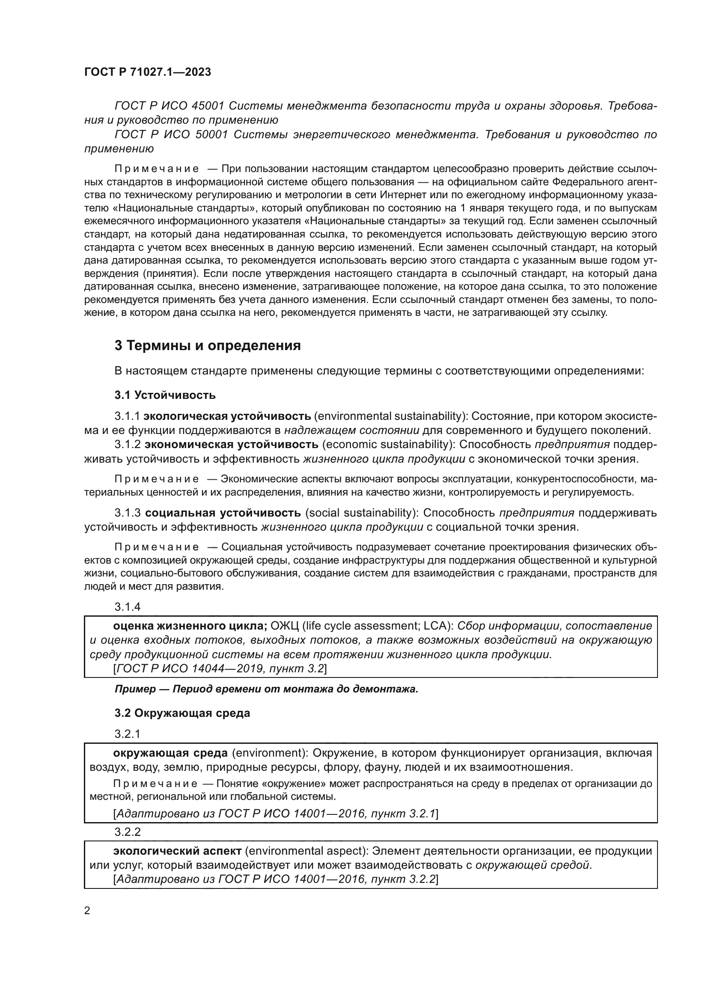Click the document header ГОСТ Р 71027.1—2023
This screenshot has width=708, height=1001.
tap(147, 72)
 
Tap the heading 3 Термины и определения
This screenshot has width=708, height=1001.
tap(208, 346)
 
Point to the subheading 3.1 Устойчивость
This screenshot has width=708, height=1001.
tap(165, 395)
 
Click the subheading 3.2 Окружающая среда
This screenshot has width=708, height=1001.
tap(182, 713)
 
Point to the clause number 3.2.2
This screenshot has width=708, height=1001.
tap(127, 832)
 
